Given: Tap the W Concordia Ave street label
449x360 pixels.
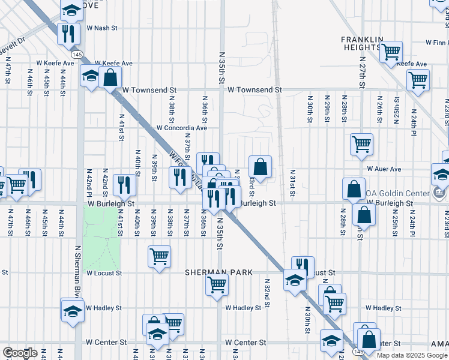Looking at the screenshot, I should point(182,128).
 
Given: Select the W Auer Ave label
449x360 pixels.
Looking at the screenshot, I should point(384,169).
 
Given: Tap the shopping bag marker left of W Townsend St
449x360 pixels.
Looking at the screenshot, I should point(110,77).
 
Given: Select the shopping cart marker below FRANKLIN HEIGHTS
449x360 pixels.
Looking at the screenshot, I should point(391,52).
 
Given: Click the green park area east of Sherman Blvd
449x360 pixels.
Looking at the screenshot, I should point(101,240).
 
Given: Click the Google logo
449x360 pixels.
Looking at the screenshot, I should point(20,353).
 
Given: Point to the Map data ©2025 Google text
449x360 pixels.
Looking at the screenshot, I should point(412,355).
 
